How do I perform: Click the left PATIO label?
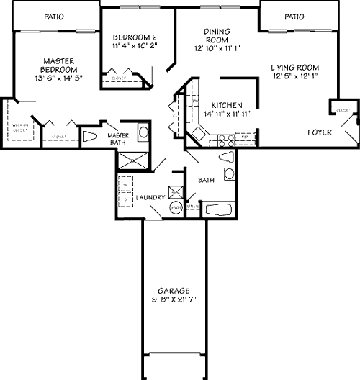coord(53,15)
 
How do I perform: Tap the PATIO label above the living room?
coord(294,16)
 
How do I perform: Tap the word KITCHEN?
coord(226,104)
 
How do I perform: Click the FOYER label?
coord(320,132)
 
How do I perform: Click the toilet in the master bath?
coord(90,137)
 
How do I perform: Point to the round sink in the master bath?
coord(143,132)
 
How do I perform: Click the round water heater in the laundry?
coord(175,208)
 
